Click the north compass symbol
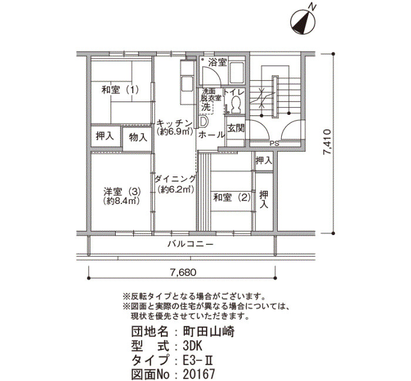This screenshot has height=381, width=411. (x=303, y=22)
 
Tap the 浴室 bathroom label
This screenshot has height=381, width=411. (x=218, y=63)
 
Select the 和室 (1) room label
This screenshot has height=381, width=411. (x=120, y=90)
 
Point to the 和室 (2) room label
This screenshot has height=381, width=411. (x=232, y=198)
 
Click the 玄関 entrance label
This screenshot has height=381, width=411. (x=235, y=128)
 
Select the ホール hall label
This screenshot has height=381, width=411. (x=211, y=135)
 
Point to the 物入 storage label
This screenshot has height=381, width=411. (x=138, y=137)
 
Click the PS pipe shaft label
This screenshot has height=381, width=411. (x=274, y=144)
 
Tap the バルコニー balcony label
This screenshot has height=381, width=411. (x=191, y=244)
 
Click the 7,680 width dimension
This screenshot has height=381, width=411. (x=183, y=273)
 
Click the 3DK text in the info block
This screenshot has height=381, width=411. (x=193, y=346)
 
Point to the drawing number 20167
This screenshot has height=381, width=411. (x=198, y=374)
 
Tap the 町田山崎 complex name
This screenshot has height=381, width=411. (x=208, y=332)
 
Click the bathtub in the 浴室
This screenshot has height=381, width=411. (x=237, y=73)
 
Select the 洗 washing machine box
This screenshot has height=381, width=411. (x=206, y=107)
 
